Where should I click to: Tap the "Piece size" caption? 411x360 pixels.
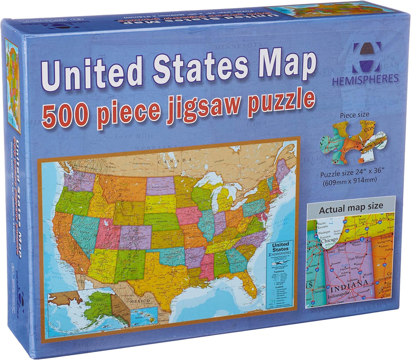click(x=354, y=115)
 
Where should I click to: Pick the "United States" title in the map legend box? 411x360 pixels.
click(x=280, y=246)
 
